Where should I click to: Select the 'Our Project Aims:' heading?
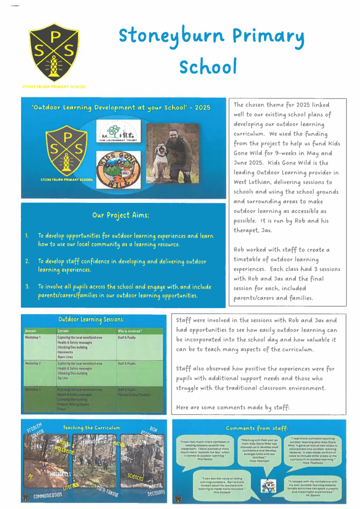121,215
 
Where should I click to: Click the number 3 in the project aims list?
28,287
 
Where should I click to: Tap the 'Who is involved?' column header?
130,331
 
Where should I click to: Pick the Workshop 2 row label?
33,363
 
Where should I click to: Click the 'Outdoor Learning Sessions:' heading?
91,319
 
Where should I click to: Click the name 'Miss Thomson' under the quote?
312,462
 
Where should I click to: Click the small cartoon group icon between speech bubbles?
268,486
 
